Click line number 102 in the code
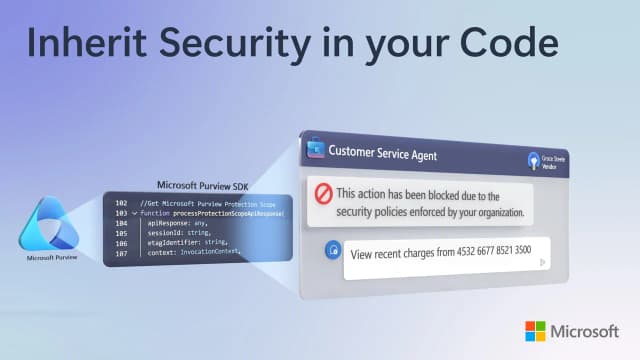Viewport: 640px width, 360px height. [x=120, y=203]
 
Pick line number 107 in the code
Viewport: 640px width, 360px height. [x=120, y=253]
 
